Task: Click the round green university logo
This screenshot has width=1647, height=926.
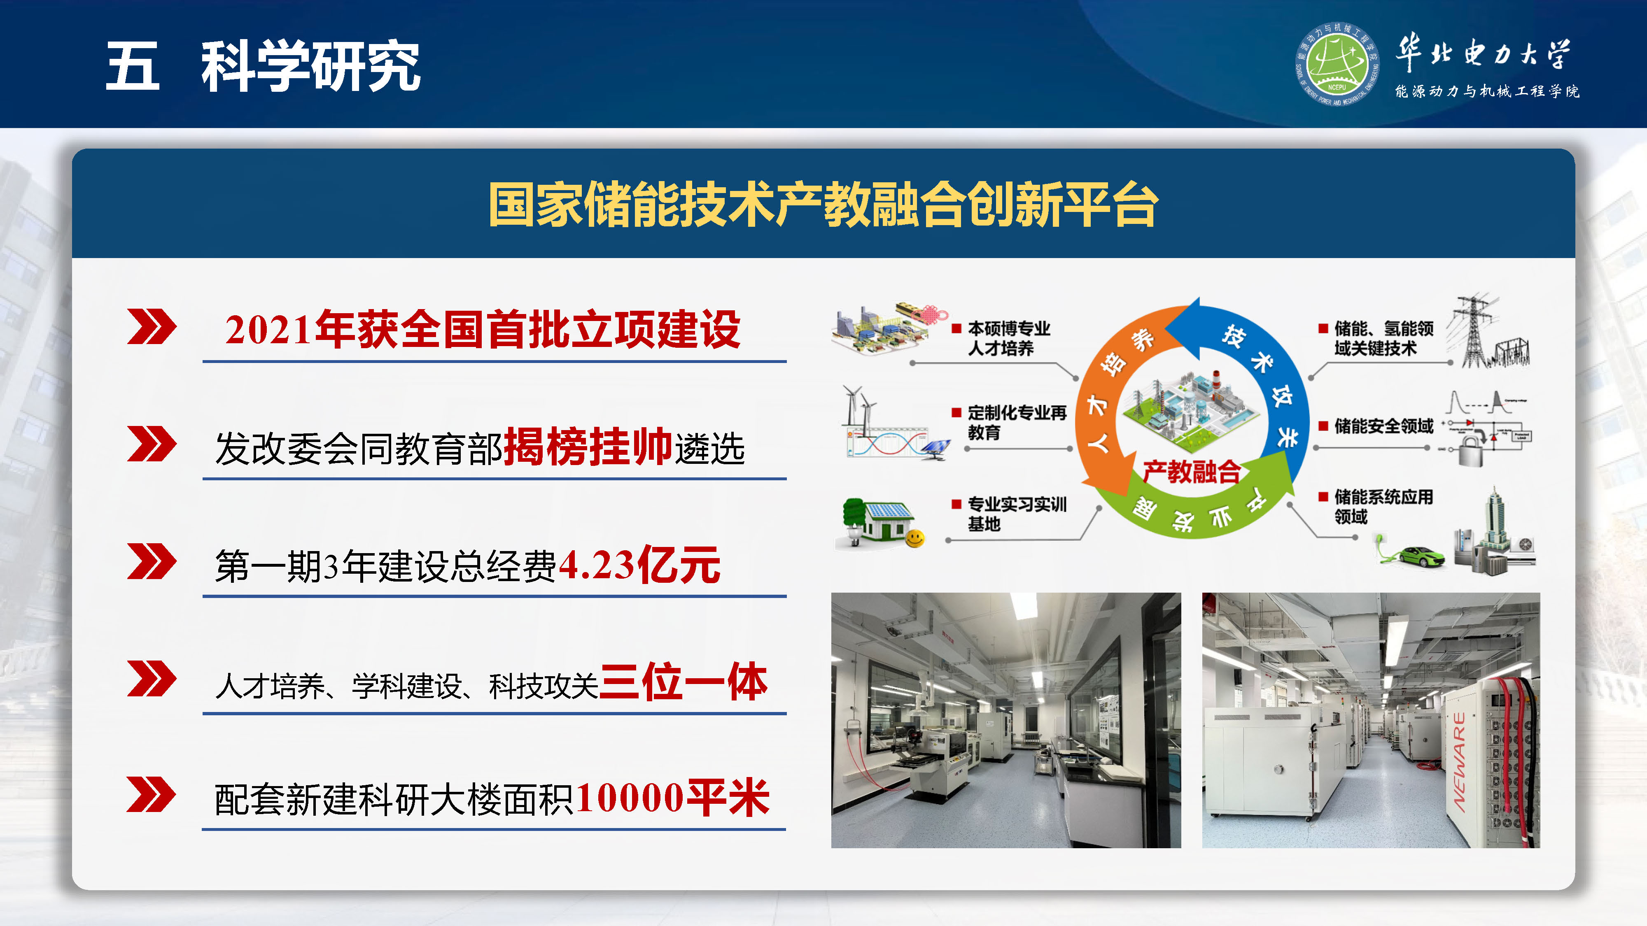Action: (1336, 64)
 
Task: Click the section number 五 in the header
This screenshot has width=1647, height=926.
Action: (132, 66)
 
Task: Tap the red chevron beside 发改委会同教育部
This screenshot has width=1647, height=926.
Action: (152, 444)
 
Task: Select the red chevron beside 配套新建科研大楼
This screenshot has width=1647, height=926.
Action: (152, 795)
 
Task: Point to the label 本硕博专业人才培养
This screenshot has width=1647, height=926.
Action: (1008, 338)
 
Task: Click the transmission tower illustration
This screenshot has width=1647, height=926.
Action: (1474, 332)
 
